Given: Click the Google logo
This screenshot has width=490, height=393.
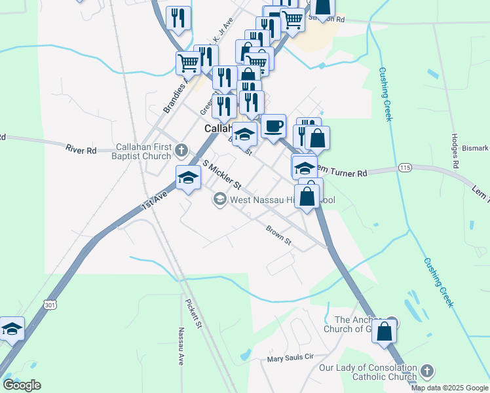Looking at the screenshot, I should pyautogui.click(x=22, y=385).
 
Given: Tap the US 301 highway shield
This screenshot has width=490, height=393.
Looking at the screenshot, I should pyautogui.click(x=50, y=304).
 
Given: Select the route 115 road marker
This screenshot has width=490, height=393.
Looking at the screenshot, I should pyautogui.click(x=404, y=168).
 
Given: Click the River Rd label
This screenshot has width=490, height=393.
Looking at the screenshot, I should pyautogui.click(x=81, y=150).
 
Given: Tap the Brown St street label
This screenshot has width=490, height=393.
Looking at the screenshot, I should pyautogui.click(x=278, y=235).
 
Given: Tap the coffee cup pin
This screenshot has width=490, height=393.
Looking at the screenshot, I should pyautogui.click(x=273, y=125).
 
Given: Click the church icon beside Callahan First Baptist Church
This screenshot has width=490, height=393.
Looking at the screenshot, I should pyautogui.click(x=181, y=151).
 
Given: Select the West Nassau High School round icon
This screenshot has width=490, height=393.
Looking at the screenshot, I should pyautogui.click(x=219, y=198).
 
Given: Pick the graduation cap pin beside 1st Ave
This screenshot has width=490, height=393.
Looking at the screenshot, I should pyautogui.click(x=188, y=178).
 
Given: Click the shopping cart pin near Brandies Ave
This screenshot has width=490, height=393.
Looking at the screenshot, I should pyautogui.click(x=188, y=64).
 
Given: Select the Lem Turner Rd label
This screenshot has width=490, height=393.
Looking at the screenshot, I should pyautogui.click(x=339, y=172).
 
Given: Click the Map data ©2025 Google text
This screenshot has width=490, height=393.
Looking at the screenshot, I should pyautogui.click(x=449, y=388).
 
